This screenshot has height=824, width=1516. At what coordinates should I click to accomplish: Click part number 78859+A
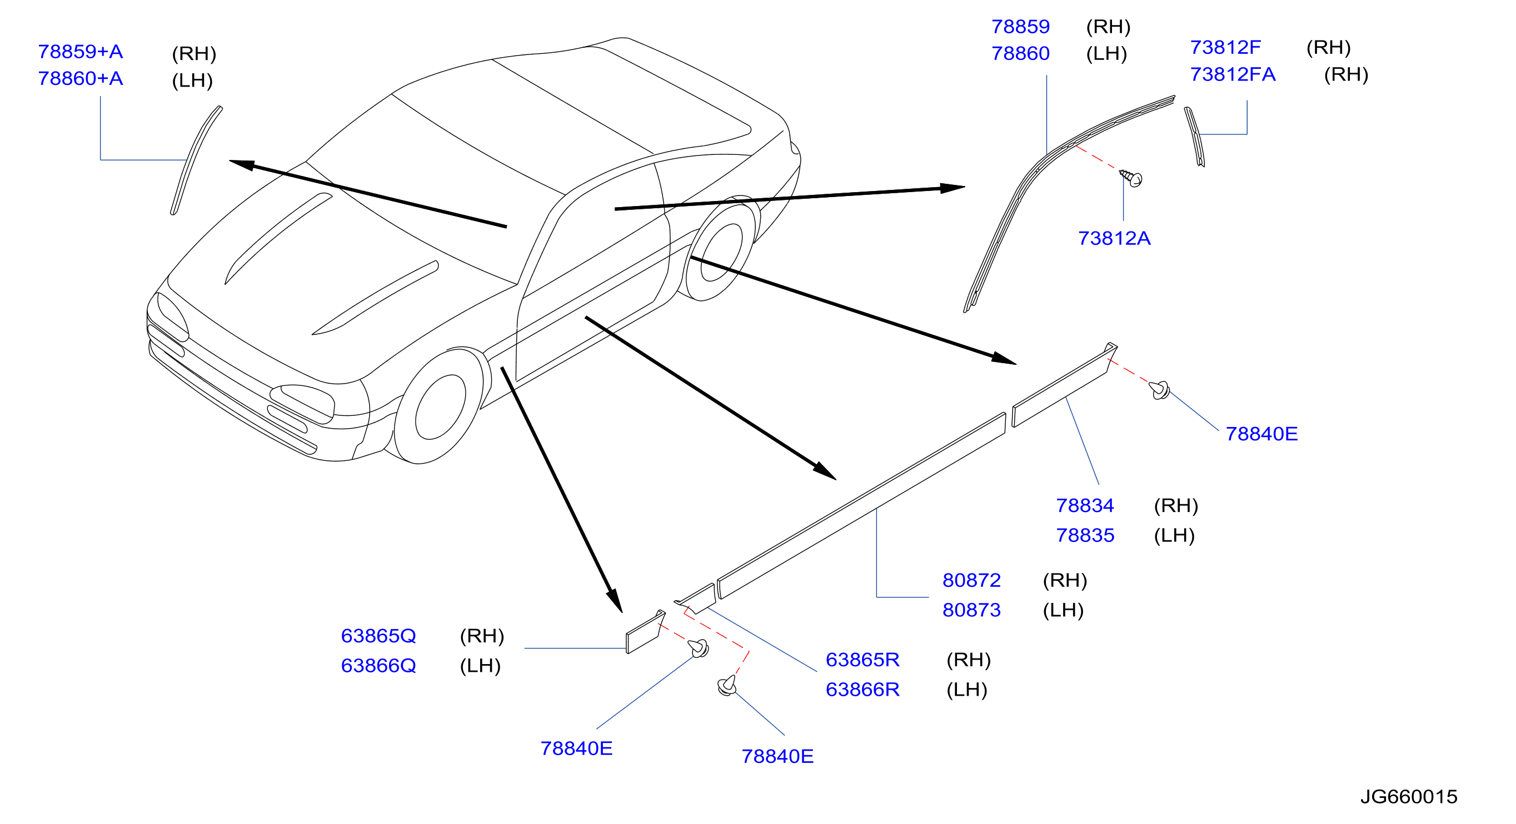[81, 52]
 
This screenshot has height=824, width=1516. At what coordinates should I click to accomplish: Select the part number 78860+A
[81, 78]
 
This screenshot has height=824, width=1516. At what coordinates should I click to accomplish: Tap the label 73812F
[1225, 47]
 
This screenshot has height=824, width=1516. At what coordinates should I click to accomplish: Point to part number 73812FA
[1233, 74]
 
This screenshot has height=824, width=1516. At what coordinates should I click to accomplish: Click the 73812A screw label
[1114, 238]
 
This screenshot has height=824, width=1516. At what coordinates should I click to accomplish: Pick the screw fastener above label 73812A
[1130, 178]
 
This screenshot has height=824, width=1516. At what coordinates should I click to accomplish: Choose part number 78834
[1085, 505]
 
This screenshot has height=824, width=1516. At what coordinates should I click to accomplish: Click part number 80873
[971, 610]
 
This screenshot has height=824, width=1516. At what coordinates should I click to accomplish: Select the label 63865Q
[378, 636]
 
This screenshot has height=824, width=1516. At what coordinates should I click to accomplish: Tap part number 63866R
[863, 689]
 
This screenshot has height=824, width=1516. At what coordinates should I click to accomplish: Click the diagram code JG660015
[1409, 796]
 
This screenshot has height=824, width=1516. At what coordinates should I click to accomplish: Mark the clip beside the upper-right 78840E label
[1159, 390]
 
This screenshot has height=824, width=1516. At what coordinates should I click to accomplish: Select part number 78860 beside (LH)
[1020, 53]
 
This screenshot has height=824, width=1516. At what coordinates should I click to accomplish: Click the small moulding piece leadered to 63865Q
[645, 632]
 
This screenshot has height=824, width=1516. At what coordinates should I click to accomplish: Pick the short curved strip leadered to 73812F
[1194, 137]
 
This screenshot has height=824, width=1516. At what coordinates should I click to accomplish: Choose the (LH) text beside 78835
[1174, 535]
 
